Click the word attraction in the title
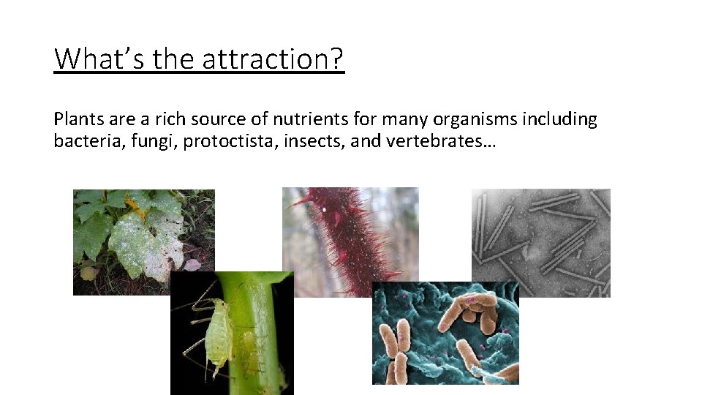point(273,59)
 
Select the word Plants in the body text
point(76,119)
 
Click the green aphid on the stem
point(219,333)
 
